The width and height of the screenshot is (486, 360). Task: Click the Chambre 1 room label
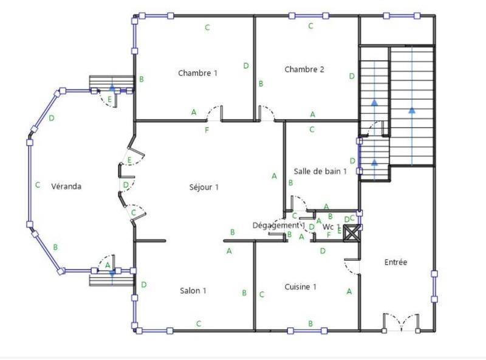(197, 73)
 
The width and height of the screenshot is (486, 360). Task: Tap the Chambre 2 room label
(304, 69)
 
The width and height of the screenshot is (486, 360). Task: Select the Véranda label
(66, 186)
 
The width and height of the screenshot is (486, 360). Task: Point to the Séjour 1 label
(204, 187)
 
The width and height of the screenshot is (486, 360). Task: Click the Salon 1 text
(193, 291)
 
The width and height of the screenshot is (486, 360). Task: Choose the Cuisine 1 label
(300, 287)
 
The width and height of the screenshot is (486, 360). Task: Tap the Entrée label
(395, 262)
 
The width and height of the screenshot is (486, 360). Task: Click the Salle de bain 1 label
(320, 171)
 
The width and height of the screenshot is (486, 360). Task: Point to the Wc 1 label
(332, 226)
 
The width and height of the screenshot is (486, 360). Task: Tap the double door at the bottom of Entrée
(400, 322)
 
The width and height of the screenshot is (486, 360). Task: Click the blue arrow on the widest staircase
(412, 110)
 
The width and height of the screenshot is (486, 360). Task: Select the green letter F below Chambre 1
(207, 130)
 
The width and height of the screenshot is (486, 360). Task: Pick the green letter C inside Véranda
(38, 185)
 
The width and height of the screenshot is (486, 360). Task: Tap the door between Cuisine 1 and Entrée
(352, 265)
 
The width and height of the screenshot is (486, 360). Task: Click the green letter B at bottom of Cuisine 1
(310, 324)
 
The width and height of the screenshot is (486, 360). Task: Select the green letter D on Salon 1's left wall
(143, 284)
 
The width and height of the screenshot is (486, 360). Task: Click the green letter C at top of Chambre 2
(310, 26)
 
